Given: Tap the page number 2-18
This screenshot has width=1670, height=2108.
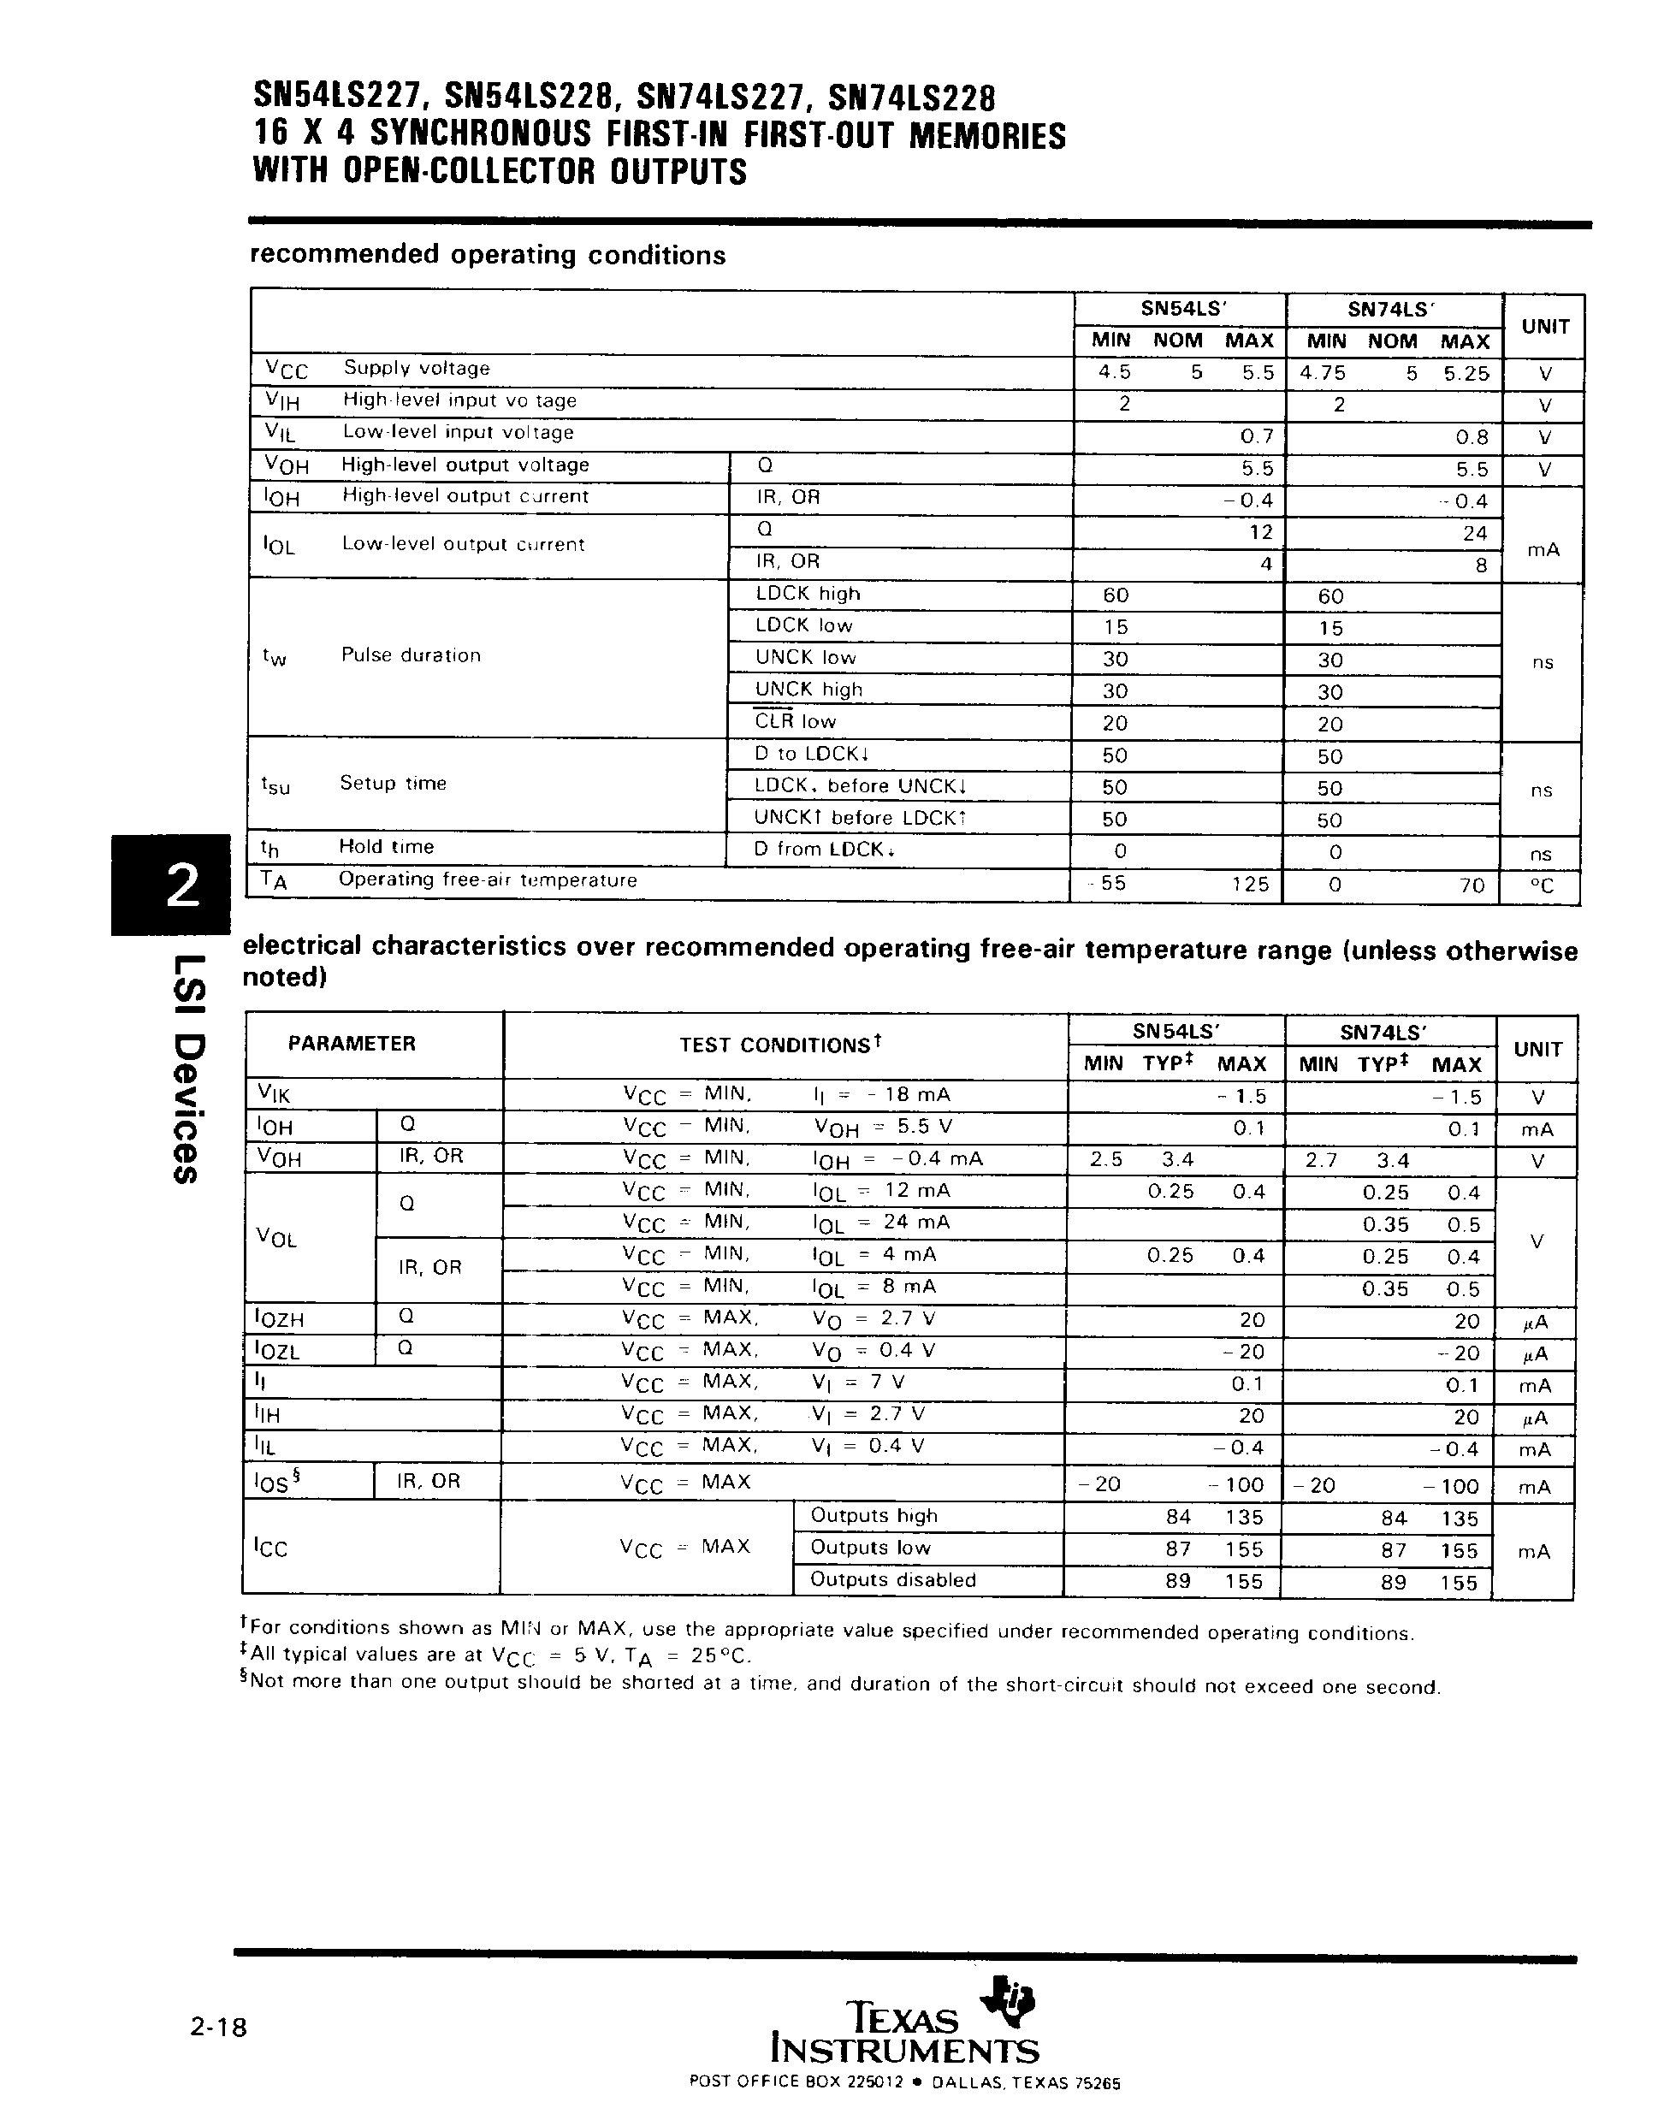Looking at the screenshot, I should pyautogui.click(x=219, y=2027).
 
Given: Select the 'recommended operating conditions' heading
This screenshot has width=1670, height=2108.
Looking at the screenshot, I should pyautogui.click(x=488, y=255).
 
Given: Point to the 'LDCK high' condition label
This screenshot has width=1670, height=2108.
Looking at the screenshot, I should pyautogui.click(x=808, y=595).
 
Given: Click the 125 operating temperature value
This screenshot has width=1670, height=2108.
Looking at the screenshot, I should pyautogui.click(x=1248, y=885).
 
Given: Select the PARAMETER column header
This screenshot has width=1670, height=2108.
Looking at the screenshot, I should pyautogui.click(x=351, y=1045).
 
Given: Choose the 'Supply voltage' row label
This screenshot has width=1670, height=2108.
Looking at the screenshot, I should pyautogui.click(x=417, y=369).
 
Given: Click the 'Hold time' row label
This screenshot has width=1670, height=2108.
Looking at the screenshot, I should pyautogui.click(x=386, y=847).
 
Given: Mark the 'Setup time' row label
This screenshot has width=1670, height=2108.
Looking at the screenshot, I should pyautogui.click(x=393, y=783).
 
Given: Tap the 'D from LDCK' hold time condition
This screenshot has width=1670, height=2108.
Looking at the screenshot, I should pyautogui.click(x=824, y=850).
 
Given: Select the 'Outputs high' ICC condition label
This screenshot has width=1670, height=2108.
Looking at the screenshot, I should pyautogui.click(x=873, y=1517).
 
